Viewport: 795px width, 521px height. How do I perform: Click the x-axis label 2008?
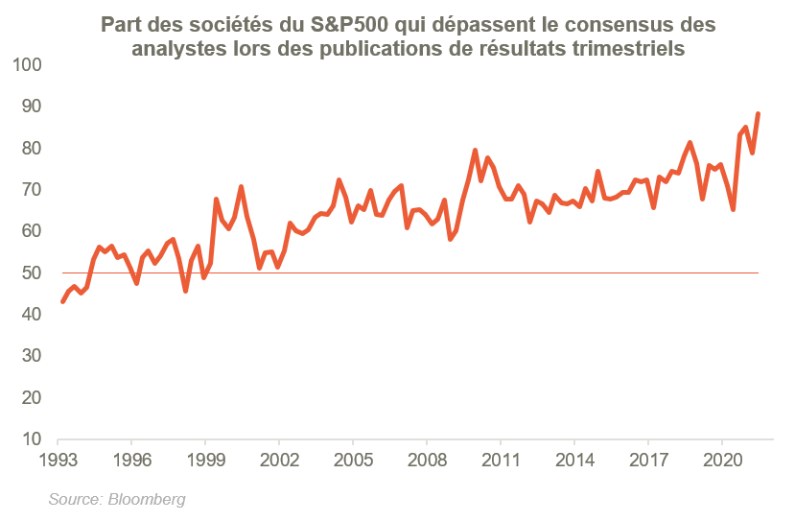coord(427,459)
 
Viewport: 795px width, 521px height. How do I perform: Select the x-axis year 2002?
coord(279,459)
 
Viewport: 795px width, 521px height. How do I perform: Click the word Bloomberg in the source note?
coord(147,500)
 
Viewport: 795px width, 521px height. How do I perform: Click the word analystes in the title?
coord(176,49)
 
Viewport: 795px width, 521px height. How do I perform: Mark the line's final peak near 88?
coord(759,113)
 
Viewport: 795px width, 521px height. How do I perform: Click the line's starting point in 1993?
coord(62,302)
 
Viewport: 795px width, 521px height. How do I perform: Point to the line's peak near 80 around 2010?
coord(475,150)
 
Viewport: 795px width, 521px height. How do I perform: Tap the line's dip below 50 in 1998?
coord(185,291)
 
